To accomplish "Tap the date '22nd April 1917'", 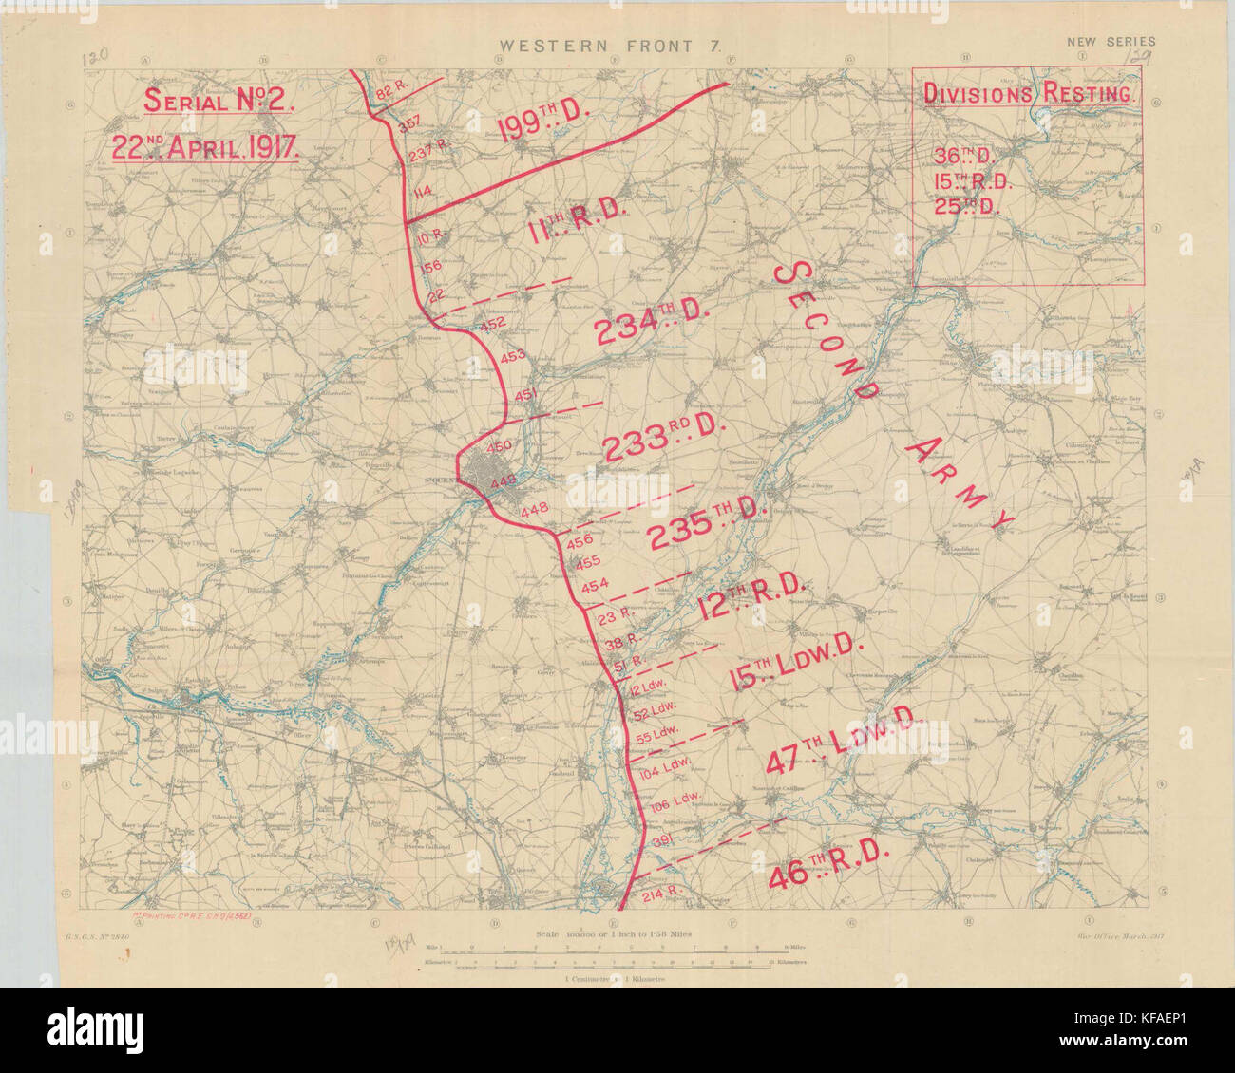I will tap(206, 146).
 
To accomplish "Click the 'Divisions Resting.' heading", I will tap(1028, 93).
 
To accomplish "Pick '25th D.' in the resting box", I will tap(963, 206).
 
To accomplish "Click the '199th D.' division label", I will tap(544, 122).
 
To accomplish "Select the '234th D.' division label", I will tap(653, 325).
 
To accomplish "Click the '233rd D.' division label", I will tap(663, 441).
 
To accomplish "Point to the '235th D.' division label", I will tap(708, 530).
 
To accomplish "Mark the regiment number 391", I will tap(664, 839).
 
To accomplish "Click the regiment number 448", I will tap(534, 511).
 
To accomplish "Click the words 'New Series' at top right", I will tap(1111, 42).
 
